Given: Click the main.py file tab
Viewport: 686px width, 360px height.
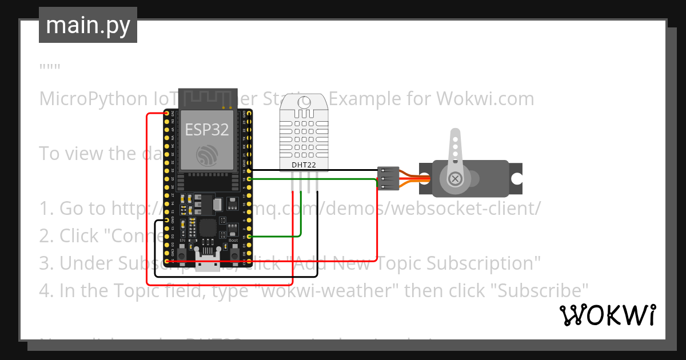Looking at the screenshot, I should tap(88, 25).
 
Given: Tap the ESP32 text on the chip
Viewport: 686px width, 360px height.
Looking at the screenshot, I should tap(207, 130).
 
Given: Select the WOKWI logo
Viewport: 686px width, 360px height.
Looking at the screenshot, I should tap(607, 315).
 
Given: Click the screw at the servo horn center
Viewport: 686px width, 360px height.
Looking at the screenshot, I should tap(455, 179).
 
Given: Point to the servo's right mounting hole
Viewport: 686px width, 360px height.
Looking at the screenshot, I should tap(516, 179).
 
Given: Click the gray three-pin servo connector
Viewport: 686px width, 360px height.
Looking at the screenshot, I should tap(388, 179).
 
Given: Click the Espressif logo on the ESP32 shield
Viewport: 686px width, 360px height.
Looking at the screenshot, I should tap(207, 155).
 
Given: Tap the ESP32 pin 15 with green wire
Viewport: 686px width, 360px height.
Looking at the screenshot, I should tap(246, 237).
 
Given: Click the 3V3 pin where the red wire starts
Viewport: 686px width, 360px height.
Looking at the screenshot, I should tap(167, 114).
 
